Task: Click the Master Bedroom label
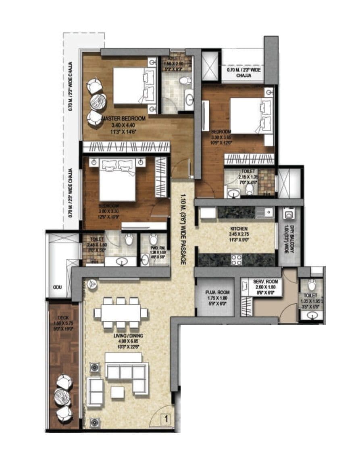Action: [x=123, y=119]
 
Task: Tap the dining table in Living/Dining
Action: [x=121, y=312]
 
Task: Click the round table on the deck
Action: [x=63, y=397]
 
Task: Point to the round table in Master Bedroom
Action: [x=97, y=102]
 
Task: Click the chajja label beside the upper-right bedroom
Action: [x=244, y=72]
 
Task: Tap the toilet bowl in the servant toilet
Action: [x=312, y=285]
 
